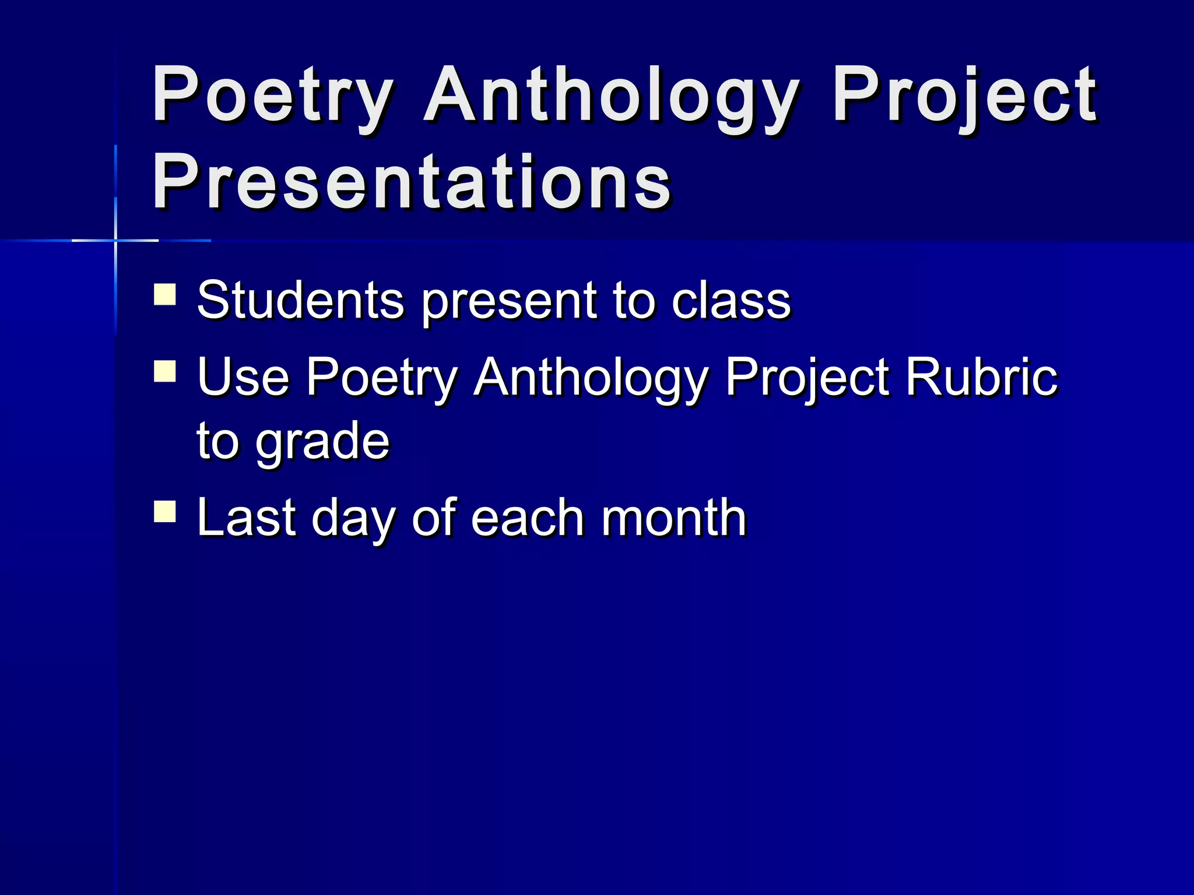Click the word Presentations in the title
click(412, 182)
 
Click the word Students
click(300, 301)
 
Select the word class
click(731, 301)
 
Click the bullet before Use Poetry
click(165, 371)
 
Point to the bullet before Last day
click(165, 512)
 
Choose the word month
click(673, 517)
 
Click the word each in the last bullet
click(527, 517)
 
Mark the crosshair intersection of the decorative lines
click(115, 240)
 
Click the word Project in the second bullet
click(807, 377)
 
